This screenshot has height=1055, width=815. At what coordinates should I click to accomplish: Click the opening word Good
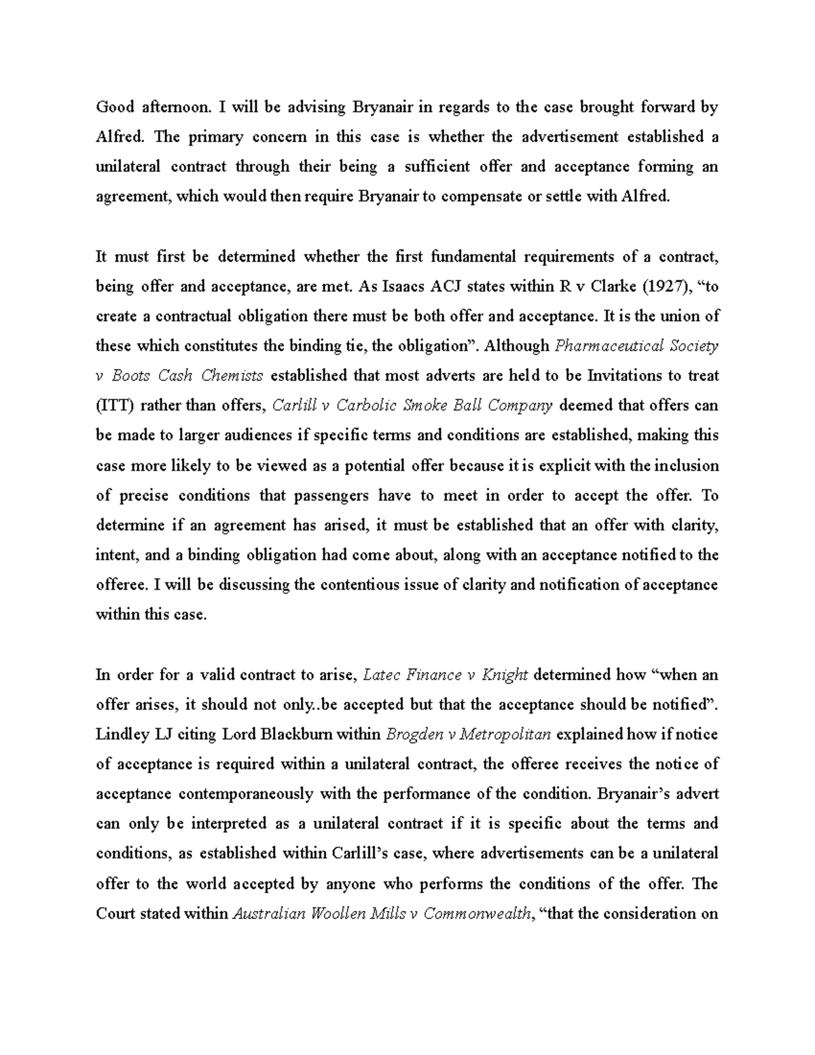pos(113,107)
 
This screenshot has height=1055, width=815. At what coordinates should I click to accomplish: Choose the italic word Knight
pos(505,675)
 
